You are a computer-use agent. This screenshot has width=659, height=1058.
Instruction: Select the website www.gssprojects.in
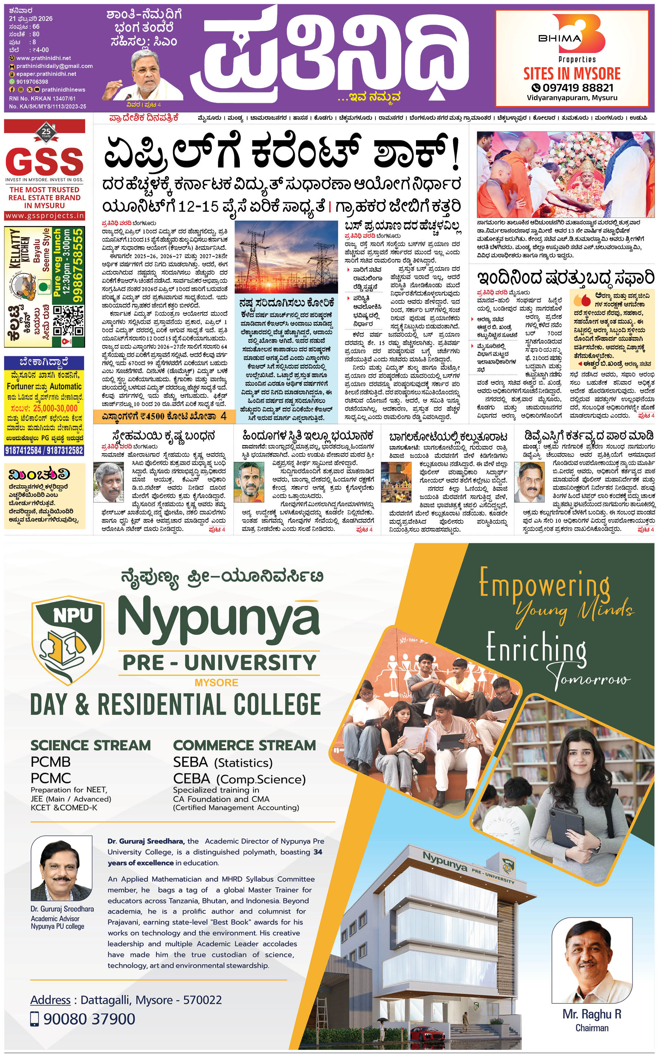click(x=45, y=216)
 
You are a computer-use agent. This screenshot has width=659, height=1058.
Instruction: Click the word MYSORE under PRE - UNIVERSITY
click(x=216, y=682)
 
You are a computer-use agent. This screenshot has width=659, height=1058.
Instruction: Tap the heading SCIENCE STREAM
click(x=91, y=745)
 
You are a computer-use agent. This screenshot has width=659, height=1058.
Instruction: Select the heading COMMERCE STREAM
click(x=244, y=745)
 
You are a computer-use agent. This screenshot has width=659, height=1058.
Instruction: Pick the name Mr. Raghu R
click(x=591, y=1014)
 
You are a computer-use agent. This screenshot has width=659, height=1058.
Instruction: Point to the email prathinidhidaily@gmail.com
click(x=55, y=66)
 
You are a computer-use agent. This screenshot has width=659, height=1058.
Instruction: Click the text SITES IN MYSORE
click(x=572, y=73)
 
